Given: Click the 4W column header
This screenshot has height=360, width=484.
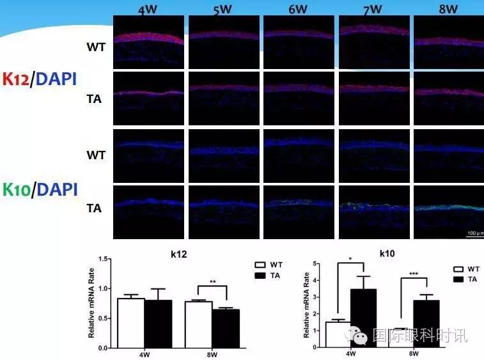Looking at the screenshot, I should (x=149, y=9).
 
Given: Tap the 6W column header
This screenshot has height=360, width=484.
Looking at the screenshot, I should (x=299, y=9).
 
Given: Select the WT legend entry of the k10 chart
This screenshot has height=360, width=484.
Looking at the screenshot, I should (x=467, y=270).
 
